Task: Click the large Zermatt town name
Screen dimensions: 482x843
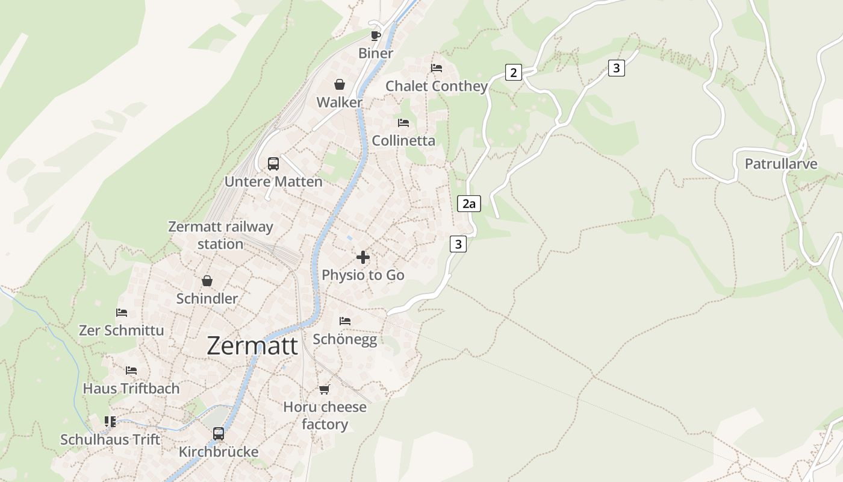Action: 252,346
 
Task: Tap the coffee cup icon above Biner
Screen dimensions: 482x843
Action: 376,36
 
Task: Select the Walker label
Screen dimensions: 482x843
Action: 340,102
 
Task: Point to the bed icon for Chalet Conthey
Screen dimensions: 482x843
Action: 437,68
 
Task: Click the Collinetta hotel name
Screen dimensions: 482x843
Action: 403,140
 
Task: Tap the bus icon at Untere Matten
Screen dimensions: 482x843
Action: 273,164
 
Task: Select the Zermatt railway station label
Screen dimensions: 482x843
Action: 220,236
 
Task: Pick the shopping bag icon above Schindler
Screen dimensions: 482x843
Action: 207,281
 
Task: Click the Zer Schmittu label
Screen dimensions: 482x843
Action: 121,330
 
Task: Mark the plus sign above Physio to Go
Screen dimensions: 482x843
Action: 363,257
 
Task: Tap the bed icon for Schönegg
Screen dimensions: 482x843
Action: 345,321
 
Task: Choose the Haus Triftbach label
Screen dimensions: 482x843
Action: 131,389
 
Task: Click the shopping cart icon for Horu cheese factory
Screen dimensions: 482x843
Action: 325,390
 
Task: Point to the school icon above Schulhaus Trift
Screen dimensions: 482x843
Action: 110,422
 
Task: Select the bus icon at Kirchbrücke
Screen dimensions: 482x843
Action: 219,434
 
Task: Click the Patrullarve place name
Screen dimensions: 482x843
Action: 781,164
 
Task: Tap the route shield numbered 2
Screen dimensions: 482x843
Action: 513,73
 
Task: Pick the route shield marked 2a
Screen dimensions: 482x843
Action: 469,204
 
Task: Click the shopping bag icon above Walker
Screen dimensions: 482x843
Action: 340,84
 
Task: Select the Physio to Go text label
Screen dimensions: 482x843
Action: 363,275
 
